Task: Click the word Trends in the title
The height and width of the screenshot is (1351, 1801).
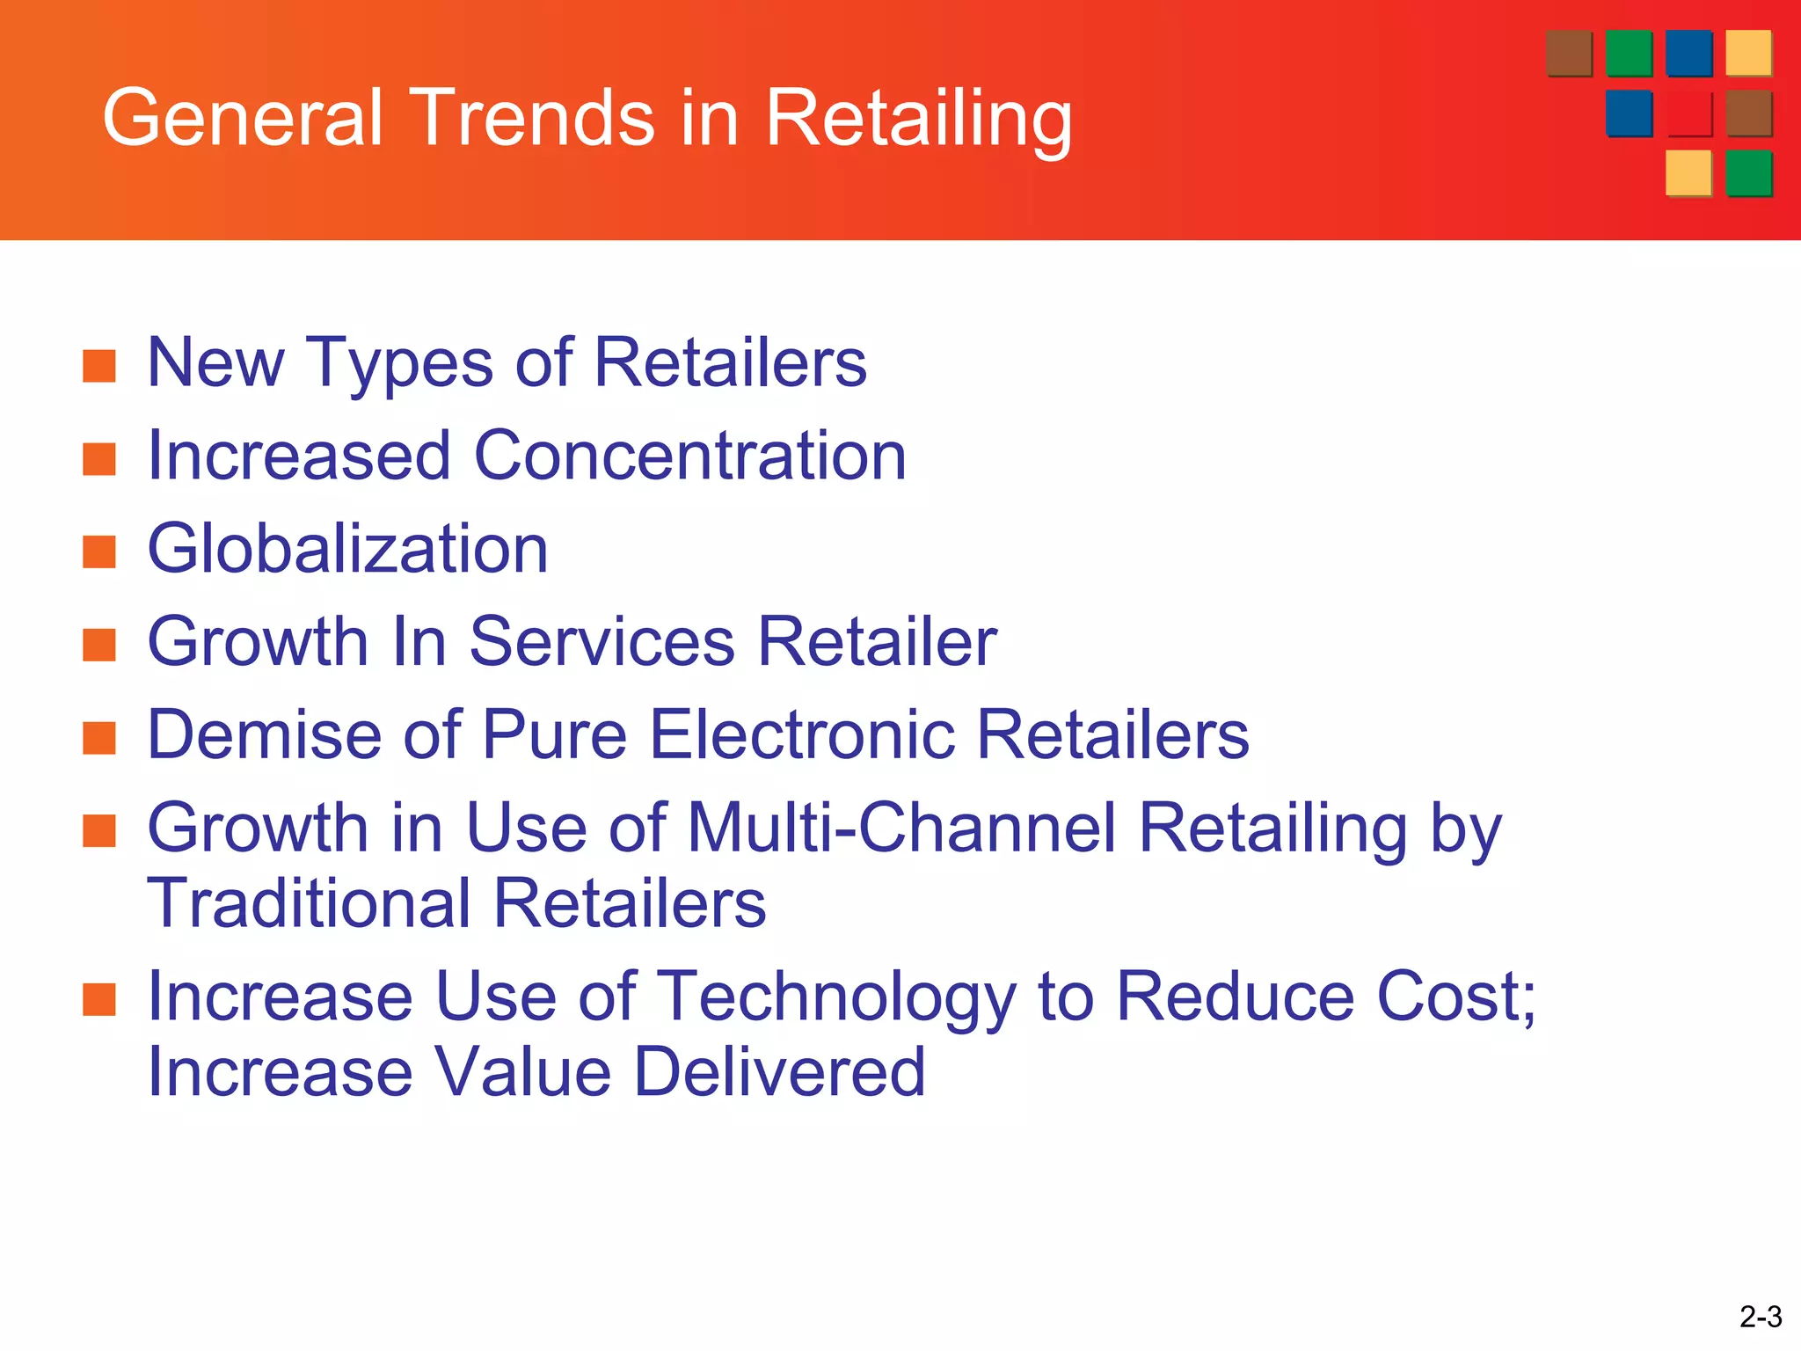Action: (x=532, y=118)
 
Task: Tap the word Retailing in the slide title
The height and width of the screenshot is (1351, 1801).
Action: (x=918, y=120)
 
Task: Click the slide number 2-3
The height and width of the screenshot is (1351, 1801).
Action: (x=1761, y=1317)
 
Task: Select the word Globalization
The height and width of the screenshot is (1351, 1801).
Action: (x=347, y=548)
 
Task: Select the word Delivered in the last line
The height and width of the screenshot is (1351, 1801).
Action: (x=779, y=1072)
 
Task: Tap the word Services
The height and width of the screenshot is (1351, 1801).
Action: (x=602, y=641)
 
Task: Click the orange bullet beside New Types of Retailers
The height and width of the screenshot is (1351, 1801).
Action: (x=99, y=367)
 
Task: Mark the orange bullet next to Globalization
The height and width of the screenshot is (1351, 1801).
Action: (x=99, y=552)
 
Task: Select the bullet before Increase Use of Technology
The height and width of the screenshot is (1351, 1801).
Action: (x=99, y=1000)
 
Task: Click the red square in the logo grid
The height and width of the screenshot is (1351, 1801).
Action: (x=1688, y=113)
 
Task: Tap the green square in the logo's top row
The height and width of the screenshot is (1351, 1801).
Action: (x=1629, y=54)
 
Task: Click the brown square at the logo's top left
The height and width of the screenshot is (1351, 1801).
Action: (x=1569, y=54)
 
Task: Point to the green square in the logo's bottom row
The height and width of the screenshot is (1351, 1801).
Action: (x=1748, y=173)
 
